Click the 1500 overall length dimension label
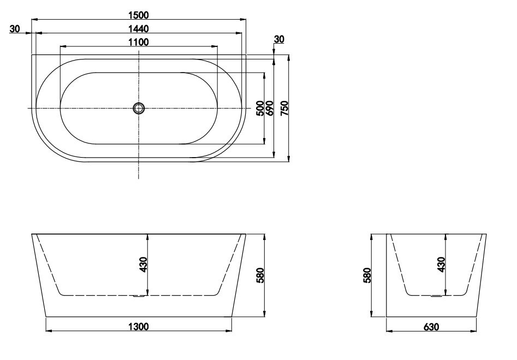coord(139,14)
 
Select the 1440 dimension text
coord(139,28)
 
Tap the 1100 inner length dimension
coord(139,41)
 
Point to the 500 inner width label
coord(260,108)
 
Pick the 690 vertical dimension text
coord(269,108)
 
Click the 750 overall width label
coord(284,108)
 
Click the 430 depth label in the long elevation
coord(144,265)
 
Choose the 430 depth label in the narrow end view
coord(441,265)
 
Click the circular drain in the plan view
coord(139,108)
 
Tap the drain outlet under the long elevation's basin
coord(139,297)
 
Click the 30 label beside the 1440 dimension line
coord(15,28)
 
